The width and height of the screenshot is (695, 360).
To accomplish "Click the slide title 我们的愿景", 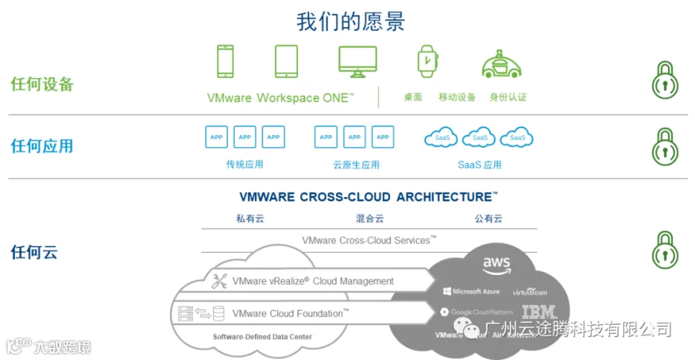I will click(x=351, y=20).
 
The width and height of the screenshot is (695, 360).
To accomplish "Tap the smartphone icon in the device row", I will click(x=225, y=62).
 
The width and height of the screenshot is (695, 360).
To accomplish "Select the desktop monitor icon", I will click(x=358, y=62).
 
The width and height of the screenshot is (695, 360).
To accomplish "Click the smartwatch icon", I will click(x=426, y=61).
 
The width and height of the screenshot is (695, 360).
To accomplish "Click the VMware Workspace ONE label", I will click(x=280, y=98).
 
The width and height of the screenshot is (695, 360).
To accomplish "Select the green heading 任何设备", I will click(x=42, y=84).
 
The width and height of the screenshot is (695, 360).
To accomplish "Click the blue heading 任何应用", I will click(x=42, y=145).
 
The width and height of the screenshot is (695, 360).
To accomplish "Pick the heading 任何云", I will click(x=34, y=252).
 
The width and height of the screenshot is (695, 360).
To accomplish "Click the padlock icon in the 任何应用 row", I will click(x=665, y=146).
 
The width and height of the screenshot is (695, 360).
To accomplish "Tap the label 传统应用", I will click(x=245, y=165).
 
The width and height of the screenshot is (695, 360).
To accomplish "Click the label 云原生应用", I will click(x=356, y=165).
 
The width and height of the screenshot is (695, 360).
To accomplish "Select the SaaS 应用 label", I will click(x=480, y=165).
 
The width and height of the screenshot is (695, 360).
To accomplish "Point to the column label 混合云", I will click(x=369, y=219).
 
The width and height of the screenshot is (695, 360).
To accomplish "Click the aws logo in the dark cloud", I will click(x=497, y=265).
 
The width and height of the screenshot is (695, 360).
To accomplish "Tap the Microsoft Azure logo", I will click(x=471, y=292).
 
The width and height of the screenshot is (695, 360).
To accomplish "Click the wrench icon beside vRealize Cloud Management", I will click(x=219, y=281).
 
